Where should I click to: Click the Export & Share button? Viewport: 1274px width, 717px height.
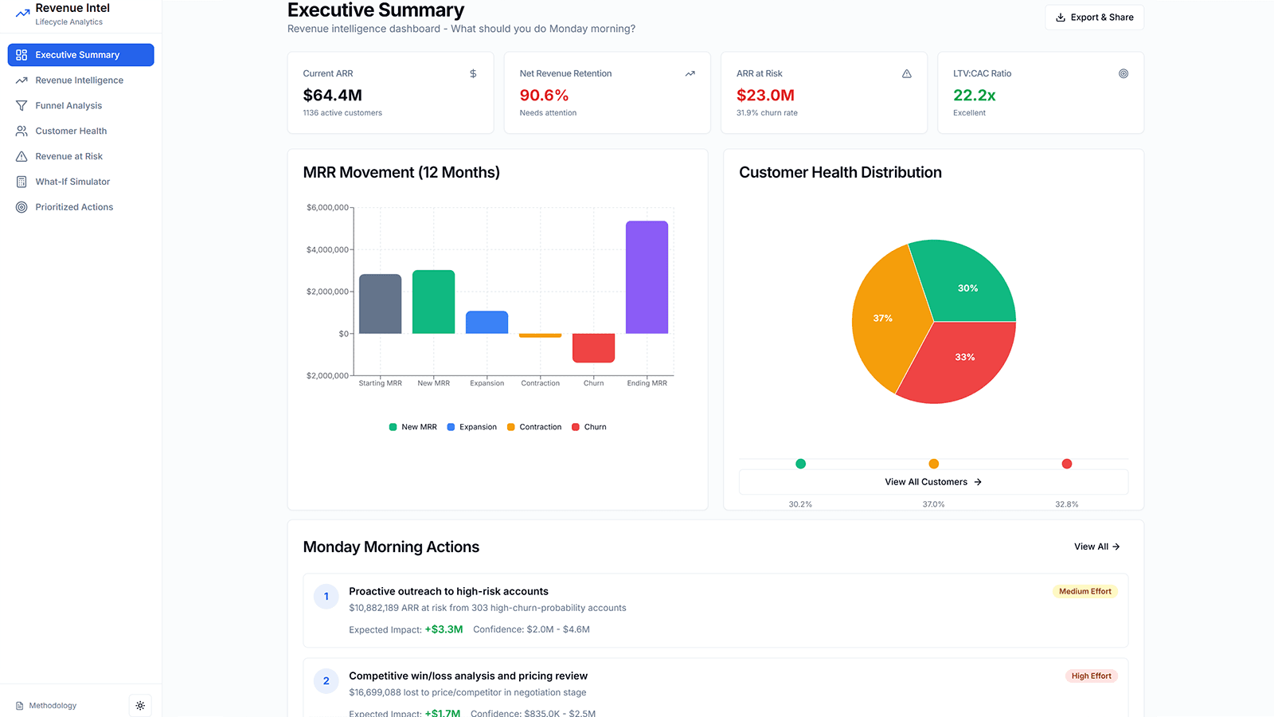pyautogui.click(x=1094, y=18)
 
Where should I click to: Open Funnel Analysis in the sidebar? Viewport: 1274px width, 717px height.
pyautogui.click(x=68, y=106)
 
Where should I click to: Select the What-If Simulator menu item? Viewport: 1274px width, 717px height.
pyautogui.click(x=72, y=182)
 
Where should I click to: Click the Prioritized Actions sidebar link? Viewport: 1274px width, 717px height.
pyautogui.click(x=74, y=207)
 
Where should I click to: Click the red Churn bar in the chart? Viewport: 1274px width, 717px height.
pyautogui.click(x=593, y=347)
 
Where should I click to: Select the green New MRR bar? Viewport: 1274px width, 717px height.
pyautogui.click(x=433, y=302)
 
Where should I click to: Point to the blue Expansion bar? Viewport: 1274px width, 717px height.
pyautogui.click(x=487, y=323)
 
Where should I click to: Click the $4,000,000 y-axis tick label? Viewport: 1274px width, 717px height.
pyautogui.click(x=327, y=250)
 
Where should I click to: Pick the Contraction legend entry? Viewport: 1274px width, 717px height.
pyautogui.click(x=534, y=427)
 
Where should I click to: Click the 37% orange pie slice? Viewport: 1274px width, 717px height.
pyautogui.click(x=884, y=318)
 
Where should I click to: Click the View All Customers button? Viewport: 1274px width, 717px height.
pyautogui.click(x=933, y=482)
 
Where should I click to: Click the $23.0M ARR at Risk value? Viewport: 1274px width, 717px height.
pyautogui.click(x=765, y=96)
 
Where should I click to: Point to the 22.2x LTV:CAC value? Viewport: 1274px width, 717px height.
pyautogui.click(x=974, y=96)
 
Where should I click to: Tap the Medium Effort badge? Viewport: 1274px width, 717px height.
pyautogui.click(x=1084, y=592)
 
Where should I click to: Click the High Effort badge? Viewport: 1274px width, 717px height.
pyautogui.click(x=1091, y=676)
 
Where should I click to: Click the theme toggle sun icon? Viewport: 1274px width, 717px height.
pyautogui.click(x=140, y=706)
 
